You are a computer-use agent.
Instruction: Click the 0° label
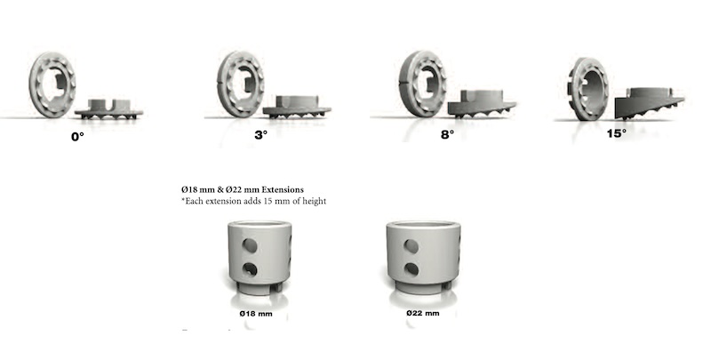point(77,137)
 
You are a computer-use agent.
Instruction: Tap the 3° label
point(261,134)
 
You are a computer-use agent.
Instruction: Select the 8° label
point(448,134)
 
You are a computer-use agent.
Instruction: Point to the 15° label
point(617,133)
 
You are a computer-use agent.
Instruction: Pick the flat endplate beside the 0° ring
point(108,112)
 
